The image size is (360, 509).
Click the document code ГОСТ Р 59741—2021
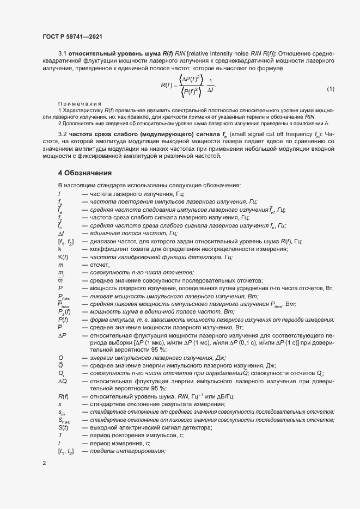point(72,36)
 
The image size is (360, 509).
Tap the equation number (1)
point(331,89)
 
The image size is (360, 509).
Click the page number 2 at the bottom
point(44,463)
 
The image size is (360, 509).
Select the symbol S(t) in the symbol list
point(63,428)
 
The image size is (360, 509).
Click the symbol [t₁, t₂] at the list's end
point(66,452)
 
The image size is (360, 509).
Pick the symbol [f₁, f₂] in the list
point(65,241)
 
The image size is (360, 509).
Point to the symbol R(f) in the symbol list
point(63,397)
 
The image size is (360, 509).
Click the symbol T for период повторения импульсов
point(60,436)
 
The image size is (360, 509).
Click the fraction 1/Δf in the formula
point(211,87)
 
